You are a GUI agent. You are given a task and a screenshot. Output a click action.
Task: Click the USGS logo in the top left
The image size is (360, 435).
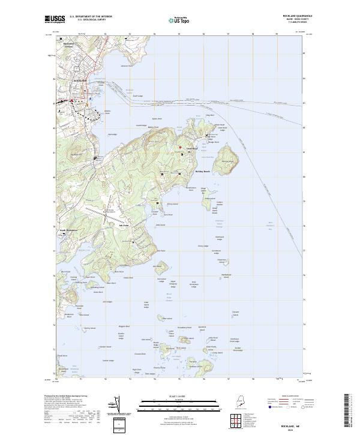pyautogui.click(x=56, y=19)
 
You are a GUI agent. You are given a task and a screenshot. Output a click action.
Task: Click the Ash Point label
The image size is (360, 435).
pyautogui.click(x=125, y=226)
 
